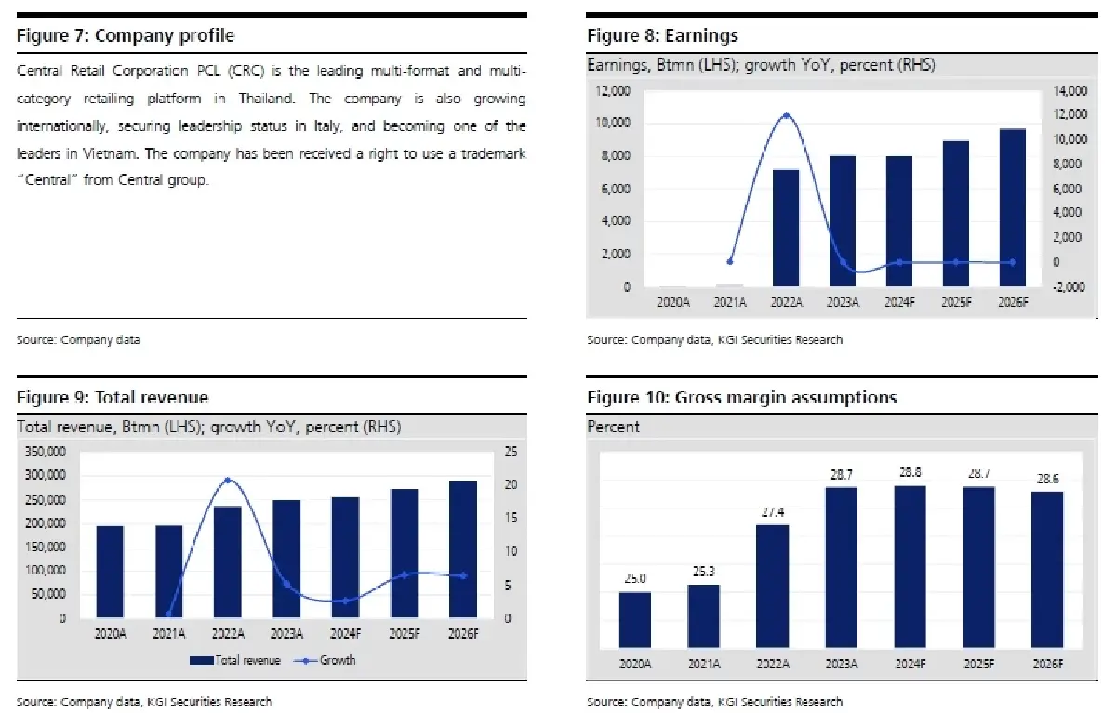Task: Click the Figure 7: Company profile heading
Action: coord(126,36)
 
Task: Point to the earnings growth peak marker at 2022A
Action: coord(787,116)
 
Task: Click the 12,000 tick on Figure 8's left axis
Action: coord(612,91)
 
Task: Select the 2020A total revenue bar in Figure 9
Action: coord(110,572)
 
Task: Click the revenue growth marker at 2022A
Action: coord(227,481)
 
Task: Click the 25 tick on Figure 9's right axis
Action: coord(510,452)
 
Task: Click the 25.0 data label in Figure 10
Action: coord(635,578)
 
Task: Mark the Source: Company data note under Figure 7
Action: coord(78,339)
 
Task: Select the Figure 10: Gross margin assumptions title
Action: coord(741,398)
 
